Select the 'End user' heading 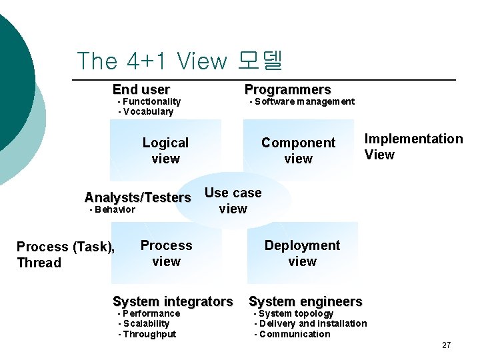tap(141, 89)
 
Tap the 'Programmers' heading tap(287, 89)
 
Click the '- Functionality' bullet tap(149, 101)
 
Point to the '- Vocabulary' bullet tap(145, 111)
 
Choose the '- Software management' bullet tap(302, 101)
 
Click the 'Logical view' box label tap(165, 151)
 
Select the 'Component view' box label tap(298, 151)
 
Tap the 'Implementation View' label tap(413, 147)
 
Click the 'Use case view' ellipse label tap(233, 201)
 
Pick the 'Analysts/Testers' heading tap(137, 197)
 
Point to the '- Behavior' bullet tap(112, 209)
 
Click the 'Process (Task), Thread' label tap(65, 255)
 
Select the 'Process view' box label tap(166, 253)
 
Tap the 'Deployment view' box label tap(302, 253)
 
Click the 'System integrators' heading tap(173, 301)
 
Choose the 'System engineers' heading tap(305, 301)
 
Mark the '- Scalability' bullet tap(144, 323)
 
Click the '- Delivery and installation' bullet tap(311, 323)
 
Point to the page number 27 tap(446, 345)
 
